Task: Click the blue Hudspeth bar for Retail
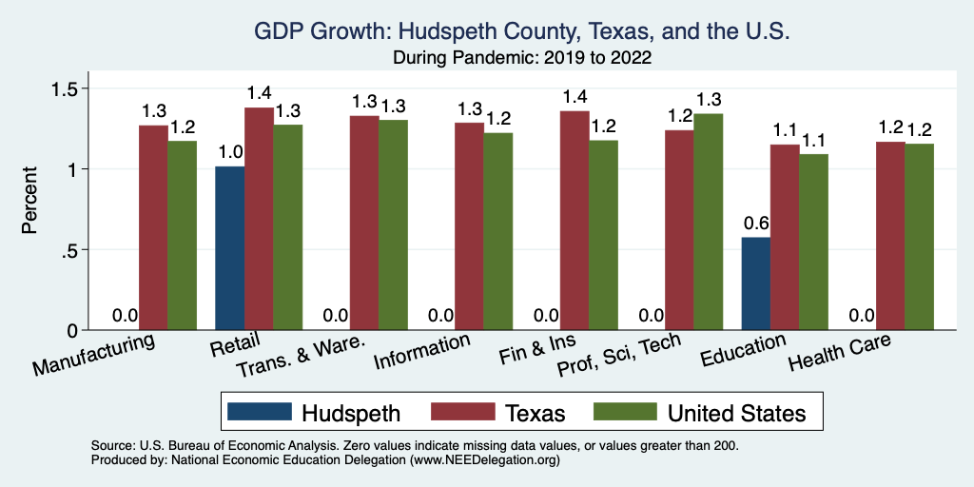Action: tap(230, 248)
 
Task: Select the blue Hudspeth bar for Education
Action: tap(756, 283)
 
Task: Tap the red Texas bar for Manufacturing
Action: tap(153, 227)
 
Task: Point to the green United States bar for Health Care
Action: tap(919, 237)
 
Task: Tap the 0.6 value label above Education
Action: tap(756, 224)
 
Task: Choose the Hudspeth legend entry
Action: tap(314, 412)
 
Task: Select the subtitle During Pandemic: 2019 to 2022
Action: tap(522, 57)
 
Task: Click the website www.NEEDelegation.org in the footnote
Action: tap(484, 459)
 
